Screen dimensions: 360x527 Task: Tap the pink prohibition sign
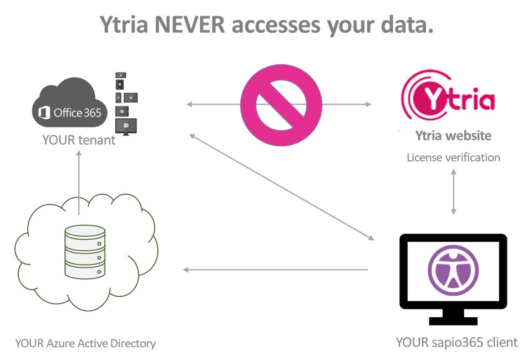[281, 104]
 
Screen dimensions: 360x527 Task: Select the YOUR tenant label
[79, 140]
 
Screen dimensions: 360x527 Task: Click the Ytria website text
[453, 135]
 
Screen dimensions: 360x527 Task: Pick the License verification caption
[453, 158]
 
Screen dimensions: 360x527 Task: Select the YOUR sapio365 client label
[457, 342]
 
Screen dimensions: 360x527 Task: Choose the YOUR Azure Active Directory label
[85, 343]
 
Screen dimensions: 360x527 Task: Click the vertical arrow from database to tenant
[79, 183]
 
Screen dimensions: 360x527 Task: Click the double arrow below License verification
[454, 191]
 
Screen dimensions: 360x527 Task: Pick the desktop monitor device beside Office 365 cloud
[125, 126]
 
